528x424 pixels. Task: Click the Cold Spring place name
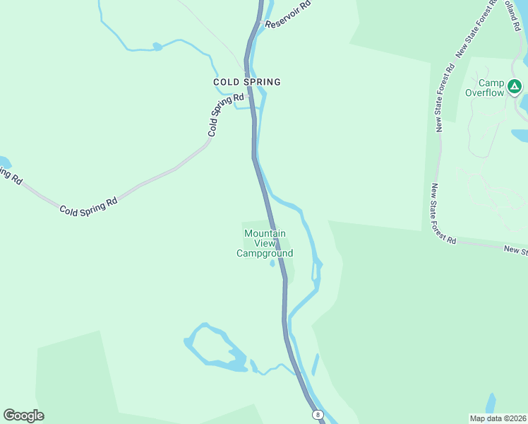point(247,82)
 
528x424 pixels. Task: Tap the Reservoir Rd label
point(287,15)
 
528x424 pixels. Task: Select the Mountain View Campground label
point(265,243)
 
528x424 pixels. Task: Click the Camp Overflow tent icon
point(515,87)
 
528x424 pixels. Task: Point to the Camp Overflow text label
point(485,88)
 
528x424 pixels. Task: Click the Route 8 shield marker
point(318,414)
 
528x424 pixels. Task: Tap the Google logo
point(23,415)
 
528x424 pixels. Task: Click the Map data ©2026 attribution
point(498,418)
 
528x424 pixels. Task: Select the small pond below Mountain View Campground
point(272,265)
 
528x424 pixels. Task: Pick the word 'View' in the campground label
point(265,243)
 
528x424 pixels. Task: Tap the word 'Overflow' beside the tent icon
point(485,93)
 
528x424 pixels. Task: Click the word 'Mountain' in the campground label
point(265,233)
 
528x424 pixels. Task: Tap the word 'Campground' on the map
point(265,253)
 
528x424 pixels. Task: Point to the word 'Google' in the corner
point(23,415)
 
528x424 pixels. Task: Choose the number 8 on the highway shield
point(318,414)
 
